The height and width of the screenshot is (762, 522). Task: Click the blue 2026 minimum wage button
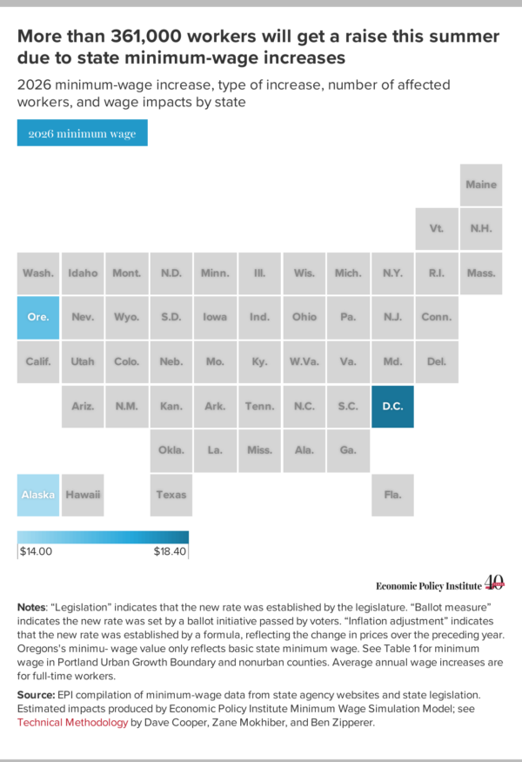coord(82,132)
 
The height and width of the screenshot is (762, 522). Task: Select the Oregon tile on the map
coord(38,317)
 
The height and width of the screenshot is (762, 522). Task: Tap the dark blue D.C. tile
coord(392,407)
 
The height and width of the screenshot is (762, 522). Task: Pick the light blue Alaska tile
coord(38,495)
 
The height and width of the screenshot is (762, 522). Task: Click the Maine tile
coord(481,185)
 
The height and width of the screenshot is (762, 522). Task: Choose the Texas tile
coord(171,495)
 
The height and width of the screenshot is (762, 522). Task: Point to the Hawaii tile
coord(83,495)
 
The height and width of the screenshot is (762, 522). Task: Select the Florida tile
coord(392,495)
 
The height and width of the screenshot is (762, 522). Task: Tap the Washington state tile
coord(38,273)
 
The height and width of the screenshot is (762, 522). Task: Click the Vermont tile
coord(437,228)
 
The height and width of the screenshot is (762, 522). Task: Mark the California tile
coord(38,361)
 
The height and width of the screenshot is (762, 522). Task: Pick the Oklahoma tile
coord(171,450)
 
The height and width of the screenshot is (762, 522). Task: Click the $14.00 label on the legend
coord(36,551)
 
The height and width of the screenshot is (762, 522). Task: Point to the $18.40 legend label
coord(170,551)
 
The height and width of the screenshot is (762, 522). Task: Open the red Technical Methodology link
coord(72,723)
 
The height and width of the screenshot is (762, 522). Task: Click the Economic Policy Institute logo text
coord(429,586)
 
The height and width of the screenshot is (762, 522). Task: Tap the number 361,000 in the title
coord(146,37)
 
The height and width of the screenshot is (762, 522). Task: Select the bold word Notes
coord(31,608)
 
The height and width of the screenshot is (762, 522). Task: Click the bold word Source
coord(36,695)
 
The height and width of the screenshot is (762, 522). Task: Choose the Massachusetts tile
coord(481,273)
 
